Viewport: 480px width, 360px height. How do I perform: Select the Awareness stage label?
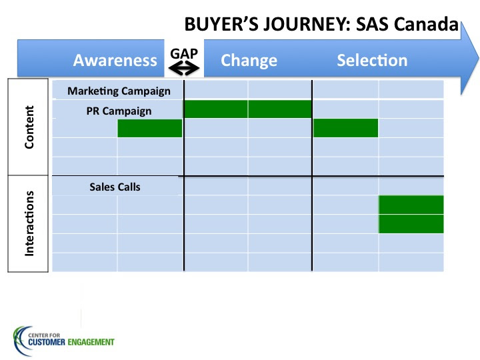click(115, 60)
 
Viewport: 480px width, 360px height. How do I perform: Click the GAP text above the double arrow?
click(184, 54)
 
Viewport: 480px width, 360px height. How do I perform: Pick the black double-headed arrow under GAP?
click(184, 68)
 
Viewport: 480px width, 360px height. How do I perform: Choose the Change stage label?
click(249, 61)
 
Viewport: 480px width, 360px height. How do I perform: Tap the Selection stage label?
click(372, 60)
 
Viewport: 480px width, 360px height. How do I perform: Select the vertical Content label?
click(29, 127)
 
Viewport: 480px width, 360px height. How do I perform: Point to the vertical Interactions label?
click(29, 223)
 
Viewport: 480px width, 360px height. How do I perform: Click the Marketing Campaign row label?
click(119, 91)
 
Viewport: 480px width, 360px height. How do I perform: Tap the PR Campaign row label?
click(119, 111)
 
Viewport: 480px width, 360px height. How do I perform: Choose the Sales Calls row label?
click(115, 187)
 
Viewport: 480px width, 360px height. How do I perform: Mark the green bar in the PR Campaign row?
click(247, 109)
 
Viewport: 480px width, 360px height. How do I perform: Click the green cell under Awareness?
click(150, 128)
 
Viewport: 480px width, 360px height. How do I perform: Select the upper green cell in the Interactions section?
click(411, 205)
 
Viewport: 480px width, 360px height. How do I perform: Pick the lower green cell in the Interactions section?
click(411, 224)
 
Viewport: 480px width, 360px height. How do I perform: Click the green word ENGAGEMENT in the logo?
click(91, 342)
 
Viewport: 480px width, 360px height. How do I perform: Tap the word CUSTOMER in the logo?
click(47, 342)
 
